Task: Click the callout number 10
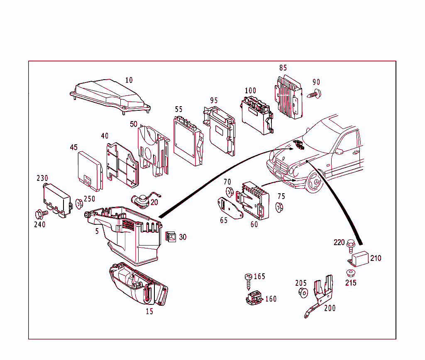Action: tap(129, 80)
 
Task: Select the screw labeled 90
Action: tap(314, 94)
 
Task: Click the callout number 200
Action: tap(330, 308)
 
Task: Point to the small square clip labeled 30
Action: tap(171, 236)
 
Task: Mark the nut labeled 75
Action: tap(279, 207)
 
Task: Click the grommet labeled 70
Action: tap(228, 192)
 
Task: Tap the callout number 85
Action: tap(283, 68)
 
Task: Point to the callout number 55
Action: tap(178, 109)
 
